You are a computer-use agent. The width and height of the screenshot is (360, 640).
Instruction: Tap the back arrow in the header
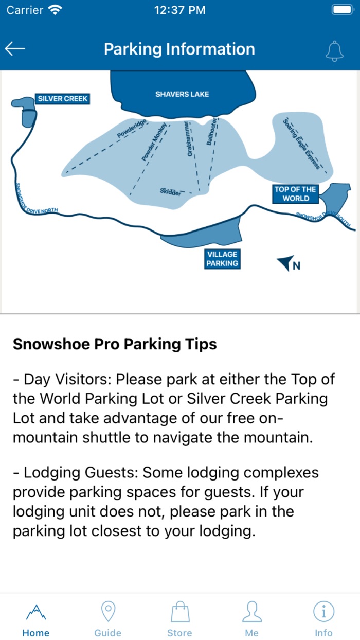(15, 49)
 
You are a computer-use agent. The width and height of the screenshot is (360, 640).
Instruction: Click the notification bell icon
(334, 50)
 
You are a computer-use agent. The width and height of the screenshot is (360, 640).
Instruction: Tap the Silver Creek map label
(63, 98)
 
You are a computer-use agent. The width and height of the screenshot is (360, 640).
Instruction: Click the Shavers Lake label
(182, 94)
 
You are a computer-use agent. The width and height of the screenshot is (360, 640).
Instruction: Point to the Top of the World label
(295, 193)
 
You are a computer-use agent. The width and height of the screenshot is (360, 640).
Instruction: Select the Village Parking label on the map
(222, 259)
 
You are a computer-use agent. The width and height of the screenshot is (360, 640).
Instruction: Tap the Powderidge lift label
(132, 129)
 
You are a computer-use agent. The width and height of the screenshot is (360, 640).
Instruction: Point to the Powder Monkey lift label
(154, 142)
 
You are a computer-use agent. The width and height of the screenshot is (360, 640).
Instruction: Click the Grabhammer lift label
(190, 139)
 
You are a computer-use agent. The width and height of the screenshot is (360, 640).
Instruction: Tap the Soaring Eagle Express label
(302, 144)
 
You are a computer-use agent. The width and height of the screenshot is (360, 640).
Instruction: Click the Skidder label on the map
(171, 192)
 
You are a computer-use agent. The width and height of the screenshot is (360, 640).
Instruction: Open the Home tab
(36, 619)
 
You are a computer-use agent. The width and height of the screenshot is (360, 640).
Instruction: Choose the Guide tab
(108, 619)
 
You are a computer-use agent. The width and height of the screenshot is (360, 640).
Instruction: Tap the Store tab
(180, 619)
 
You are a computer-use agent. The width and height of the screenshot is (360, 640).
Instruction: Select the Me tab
(251, 619)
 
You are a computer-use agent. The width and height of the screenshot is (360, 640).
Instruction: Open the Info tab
(324, 619)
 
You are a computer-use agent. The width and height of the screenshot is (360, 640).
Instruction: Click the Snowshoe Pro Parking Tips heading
(115, 344)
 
